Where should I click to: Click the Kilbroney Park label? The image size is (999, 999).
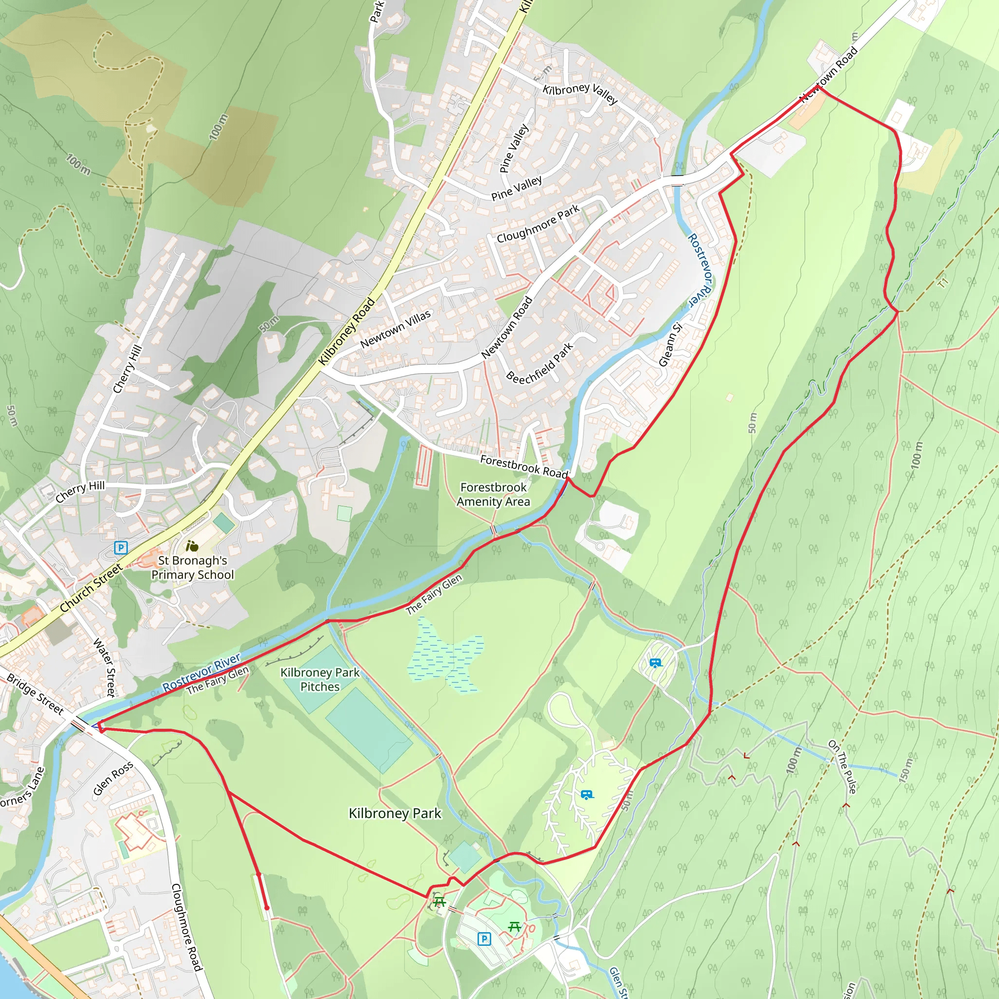[395, 813]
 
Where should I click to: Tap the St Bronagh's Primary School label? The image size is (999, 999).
[192, 568]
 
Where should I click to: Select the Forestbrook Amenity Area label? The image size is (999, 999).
[493, 494]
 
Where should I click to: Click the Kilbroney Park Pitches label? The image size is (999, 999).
[320, 679]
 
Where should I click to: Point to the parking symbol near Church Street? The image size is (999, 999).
[121, 548]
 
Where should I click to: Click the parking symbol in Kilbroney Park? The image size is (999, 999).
[484, 939]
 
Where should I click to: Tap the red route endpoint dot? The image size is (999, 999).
[267, 907]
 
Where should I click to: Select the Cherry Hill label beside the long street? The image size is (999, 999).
[127, 369]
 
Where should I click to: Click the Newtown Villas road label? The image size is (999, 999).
[396, 329]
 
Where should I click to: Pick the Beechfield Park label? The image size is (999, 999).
[540, 363]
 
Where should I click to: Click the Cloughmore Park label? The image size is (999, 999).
[538, 224]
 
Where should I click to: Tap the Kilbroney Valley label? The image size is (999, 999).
[580, 93]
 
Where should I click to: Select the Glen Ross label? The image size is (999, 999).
[113, 779]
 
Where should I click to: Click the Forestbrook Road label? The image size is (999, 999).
[524, 466]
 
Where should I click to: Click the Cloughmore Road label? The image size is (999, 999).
[186, 927]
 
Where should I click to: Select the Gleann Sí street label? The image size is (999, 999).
[671, 344]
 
